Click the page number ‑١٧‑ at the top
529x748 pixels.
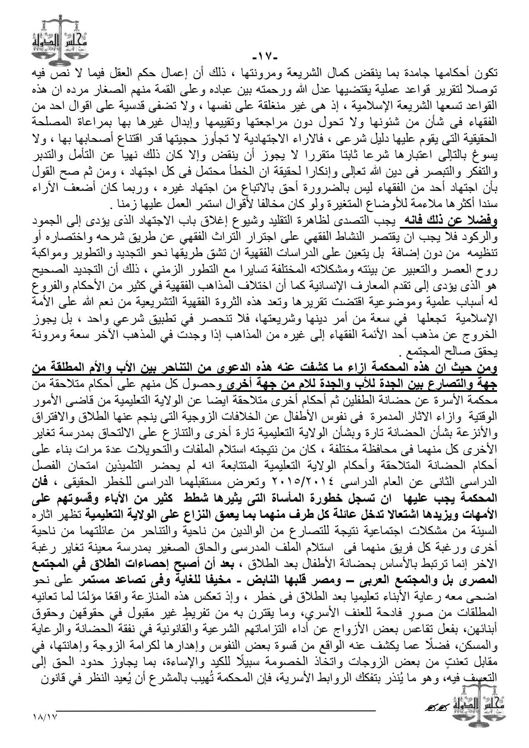pos(264,56)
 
